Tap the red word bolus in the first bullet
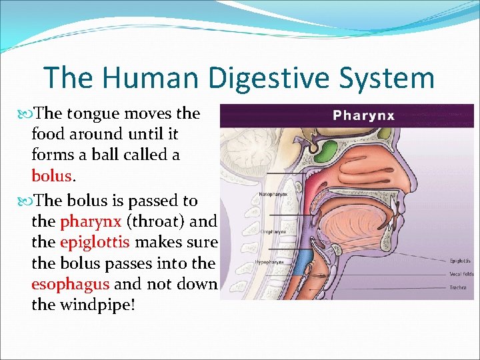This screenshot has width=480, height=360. [x=51, y=176]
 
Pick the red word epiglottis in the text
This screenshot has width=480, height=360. [x=95, y=241]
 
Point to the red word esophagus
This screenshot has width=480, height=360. [x=71, y=284]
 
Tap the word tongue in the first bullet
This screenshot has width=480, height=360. [x=89, y=113]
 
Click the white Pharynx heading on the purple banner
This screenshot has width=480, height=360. [x=363, y=115]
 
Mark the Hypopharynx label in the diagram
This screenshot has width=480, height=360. [x=271, y=262]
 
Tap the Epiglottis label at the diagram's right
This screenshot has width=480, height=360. [x=460, y=261]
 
